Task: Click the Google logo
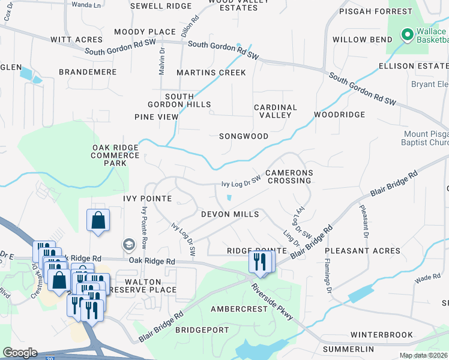pos(20,353)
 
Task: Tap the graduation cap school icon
pos(128,244)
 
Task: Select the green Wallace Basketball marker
pos(407,35)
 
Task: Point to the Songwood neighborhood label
pos(243,136)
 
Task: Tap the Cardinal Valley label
pos(276,112)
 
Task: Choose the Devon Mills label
pos(230,214)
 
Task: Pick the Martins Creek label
pos(211,73)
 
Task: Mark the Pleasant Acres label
pos(363,251)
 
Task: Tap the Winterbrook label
pos(382,335)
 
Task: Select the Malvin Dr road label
pos(161,62)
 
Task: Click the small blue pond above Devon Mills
pos(229,198)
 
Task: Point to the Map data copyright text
pos(423,355)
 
